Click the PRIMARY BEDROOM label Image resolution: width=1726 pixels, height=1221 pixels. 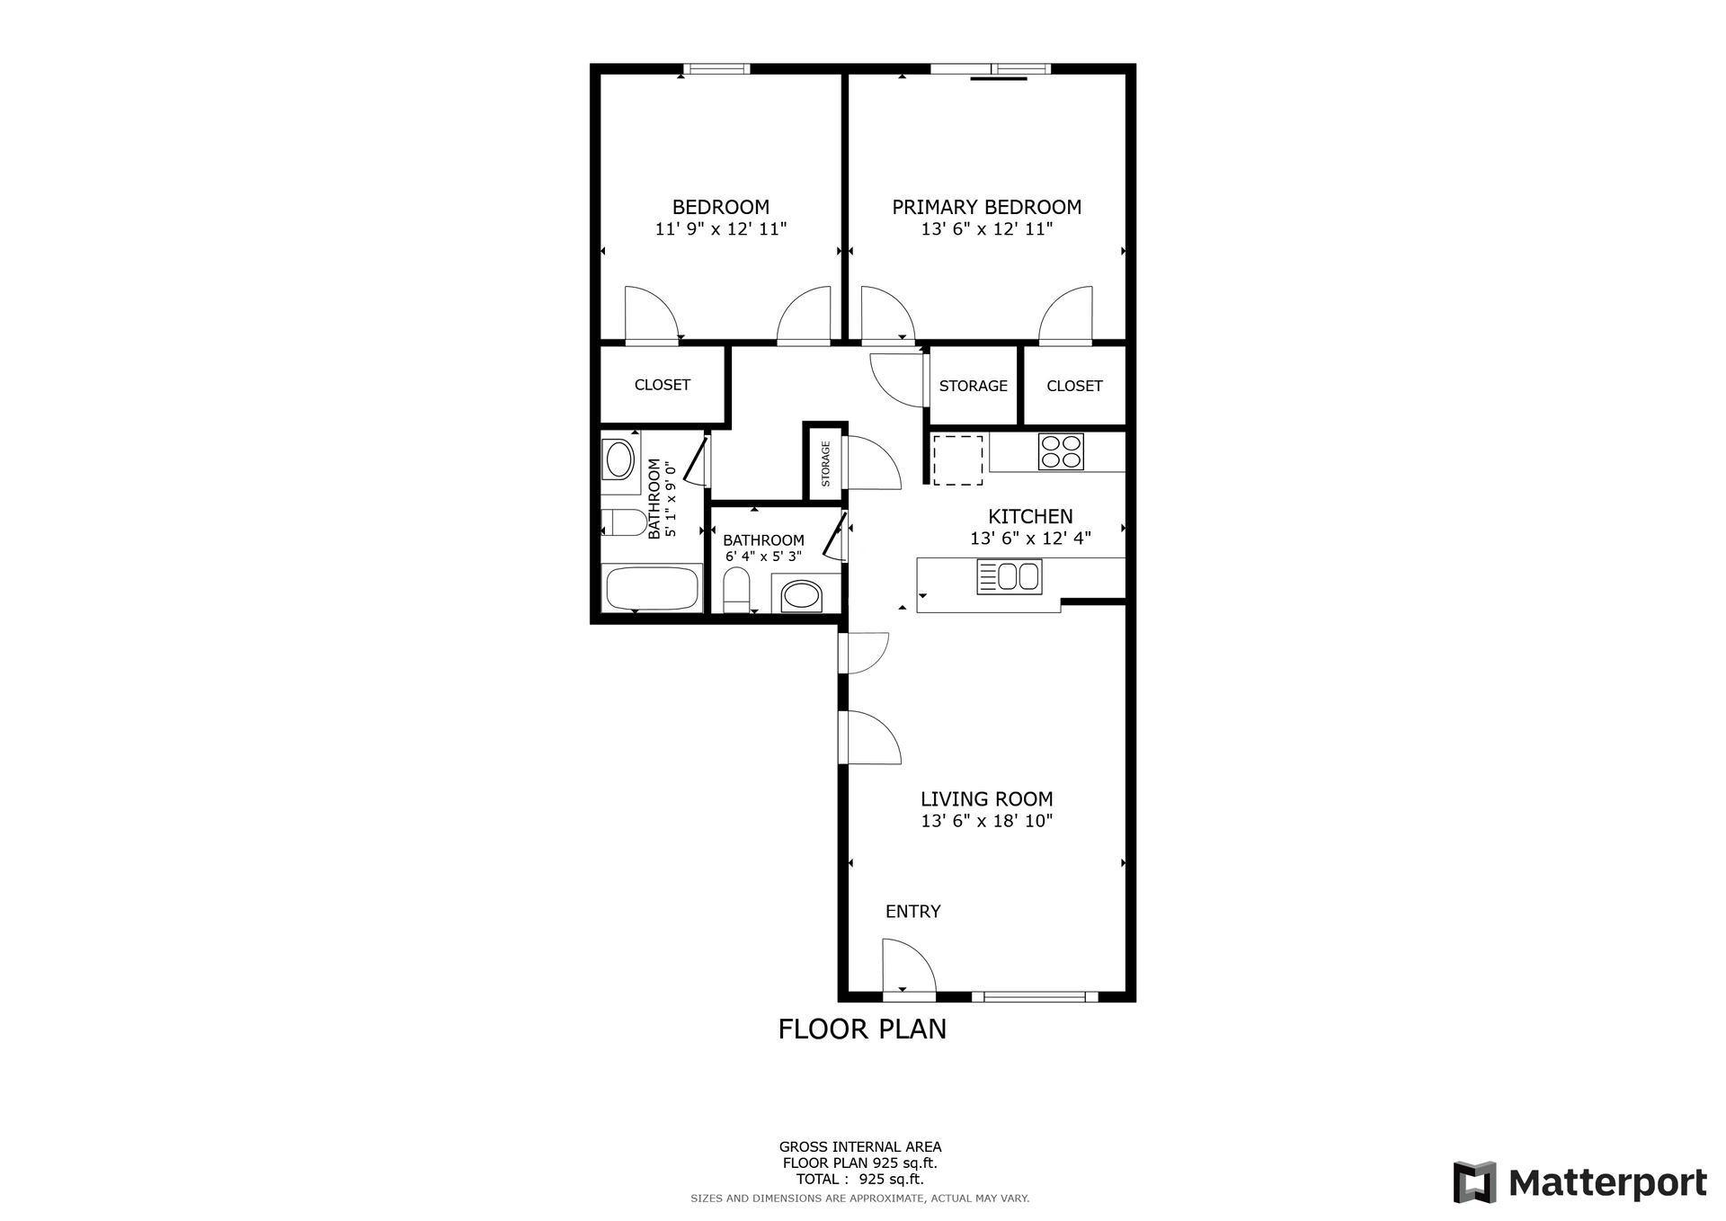(x=986, y=207)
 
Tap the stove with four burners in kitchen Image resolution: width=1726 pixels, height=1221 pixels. (x=1061, y=451)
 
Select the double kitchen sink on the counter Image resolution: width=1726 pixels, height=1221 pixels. (x=1010, y=576)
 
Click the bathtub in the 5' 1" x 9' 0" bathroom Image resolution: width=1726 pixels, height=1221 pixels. (x=652, y=590)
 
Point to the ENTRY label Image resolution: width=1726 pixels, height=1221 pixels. (x=912, y=912)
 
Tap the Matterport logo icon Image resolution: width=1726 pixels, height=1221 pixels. (x=1474, y=1182)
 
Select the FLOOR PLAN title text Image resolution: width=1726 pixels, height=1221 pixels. (x=862, y=1029)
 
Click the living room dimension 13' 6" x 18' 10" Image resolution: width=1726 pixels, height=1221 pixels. (x=986, y=821)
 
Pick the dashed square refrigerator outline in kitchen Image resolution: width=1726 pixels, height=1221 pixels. (x=957, y=460)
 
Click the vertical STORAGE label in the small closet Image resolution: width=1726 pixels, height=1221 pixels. (x=825, y=464)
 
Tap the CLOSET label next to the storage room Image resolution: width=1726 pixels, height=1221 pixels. (x=1074, y=386)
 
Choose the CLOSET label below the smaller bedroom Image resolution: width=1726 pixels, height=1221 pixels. (x=663, y=385)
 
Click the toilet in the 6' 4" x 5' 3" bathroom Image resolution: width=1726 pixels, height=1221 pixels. (x=736, y=591)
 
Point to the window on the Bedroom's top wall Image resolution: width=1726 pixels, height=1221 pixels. (x=716, y=69)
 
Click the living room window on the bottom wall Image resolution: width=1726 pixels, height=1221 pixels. (x=1035, y=996)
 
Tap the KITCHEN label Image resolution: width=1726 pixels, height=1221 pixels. (x=1030, y=517)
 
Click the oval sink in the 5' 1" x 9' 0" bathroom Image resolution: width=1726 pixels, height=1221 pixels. (x=619, y=460)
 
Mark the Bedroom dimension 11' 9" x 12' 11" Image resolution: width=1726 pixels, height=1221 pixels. (x=720, y=229)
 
